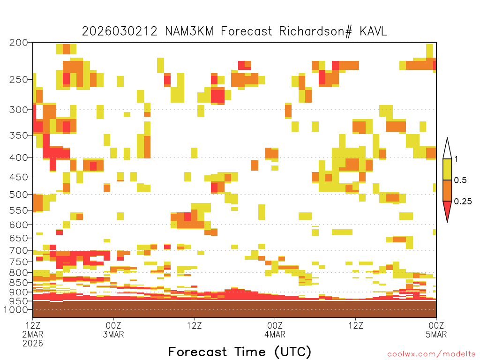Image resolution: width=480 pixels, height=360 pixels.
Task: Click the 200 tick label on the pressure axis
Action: pos(19,43)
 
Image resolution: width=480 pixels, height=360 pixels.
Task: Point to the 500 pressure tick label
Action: pos(19,195)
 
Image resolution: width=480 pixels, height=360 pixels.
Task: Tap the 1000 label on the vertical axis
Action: pos(15,309)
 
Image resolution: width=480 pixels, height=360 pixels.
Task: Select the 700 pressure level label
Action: pos(19,250)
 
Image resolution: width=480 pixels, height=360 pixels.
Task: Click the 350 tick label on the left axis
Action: pos(19,135)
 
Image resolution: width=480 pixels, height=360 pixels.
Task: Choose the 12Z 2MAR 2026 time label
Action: pos(33,334)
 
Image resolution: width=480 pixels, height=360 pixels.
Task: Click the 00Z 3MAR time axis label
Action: pos(113,330)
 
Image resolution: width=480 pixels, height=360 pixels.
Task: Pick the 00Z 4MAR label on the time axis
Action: pos(275,330)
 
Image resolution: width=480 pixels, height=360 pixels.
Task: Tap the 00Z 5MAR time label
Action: pos(436,330)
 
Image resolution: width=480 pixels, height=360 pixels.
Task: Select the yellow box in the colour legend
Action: pos(447,169)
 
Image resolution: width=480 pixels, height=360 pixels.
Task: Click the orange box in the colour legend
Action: pos(447,190)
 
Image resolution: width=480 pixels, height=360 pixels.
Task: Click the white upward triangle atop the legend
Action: pos(447,149)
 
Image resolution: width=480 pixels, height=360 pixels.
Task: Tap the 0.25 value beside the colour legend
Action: pos(463,202)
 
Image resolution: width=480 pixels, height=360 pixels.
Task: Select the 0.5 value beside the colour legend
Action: pos(460,180)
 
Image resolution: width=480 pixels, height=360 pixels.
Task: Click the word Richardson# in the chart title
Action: pos(315,31)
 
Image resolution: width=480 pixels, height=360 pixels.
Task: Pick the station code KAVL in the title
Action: pos(374,31)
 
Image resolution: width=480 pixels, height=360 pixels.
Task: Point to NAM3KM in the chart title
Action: pos(189,31)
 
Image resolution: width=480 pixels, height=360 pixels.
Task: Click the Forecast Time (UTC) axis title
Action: pos(240,352)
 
